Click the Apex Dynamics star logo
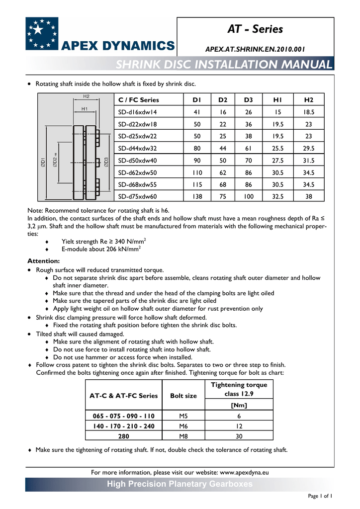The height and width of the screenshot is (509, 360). click(42, 33)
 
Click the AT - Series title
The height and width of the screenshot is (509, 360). click(255, 29)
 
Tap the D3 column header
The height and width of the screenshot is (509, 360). click(248, 99)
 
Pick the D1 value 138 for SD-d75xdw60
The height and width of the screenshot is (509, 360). click(197, 196)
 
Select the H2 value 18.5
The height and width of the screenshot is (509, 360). click(308, 112)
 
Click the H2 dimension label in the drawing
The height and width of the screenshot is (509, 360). click(86, 96)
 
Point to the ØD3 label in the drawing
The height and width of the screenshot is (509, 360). click(106, 162)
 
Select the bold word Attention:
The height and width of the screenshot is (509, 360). click(43, 260)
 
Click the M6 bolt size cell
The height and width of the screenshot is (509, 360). click(183, 426)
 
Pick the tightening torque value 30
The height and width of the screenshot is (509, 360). click(239, 436)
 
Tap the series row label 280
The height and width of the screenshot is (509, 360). click(124, 436)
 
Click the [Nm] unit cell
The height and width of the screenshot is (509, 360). click(239, 405)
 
